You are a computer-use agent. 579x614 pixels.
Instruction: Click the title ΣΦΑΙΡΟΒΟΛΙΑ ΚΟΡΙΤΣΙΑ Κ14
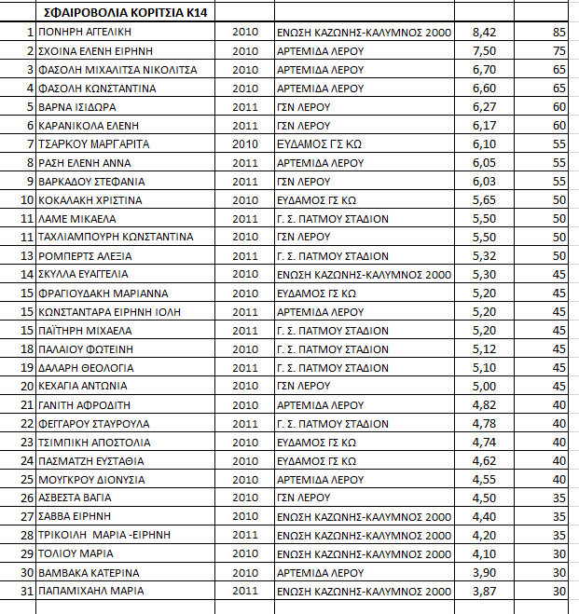tap(118, 13)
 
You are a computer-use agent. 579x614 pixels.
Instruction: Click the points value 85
tap(558, 33)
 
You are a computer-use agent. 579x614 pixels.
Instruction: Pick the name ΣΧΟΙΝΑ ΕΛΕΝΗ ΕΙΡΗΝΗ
tap(95, 51)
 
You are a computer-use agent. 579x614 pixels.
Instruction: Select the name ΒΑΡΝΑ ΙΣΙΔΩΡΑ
tap(76, 107)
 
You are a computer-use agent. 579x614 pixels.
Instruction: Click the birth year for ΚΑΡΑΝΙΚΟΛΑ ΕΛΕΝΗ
tap(244, 126)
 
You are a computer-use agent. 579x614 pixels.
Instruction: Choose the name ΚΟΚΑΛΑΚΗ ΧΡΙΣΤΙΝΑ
tap(90, 199)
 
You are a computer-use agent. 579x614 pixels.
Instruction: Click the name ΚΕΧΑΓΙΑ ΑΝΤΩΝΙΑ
tap(81, 386)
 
